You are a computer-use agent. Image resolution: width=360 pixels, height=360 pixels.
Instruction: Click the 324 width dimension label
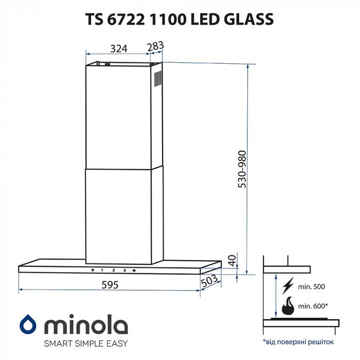click(x=119, y=49)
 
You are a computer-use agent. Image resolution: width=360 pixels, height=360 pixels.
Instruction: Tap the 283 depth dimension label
click(x=155, y=46)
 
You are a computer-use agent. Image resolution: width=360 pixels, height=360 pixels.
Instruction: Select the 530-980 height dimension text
click(x=242, y=169)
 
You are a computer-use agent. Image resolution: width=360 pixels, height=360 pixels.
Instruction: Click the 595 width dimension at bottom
click(x=110, y=284)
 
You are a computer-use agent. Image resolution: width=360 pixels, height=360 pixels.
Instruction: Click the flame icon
click(x=288, y=307)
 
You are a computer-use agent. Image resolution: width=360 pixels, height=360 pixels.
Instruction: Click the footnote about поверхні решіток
click(x=298, y=341)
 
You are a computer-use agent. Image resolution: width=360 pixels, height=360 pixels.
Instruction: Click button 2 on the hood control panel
click(x=113, y=269)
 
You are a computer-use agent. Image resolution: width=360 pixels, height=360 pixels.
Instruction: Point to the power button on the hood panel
click(x=92, y=269)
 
